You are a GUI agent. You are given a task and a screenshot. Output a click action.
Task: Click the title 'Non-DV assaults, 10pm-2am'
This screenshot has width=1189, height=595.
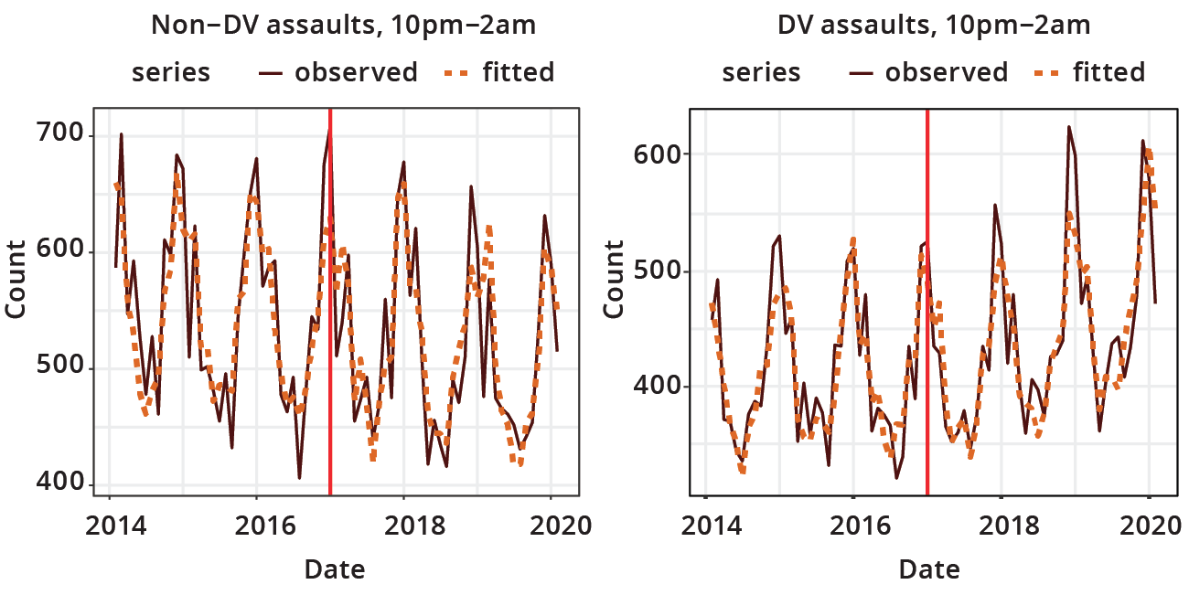pyautogui.click(x=343, y=25)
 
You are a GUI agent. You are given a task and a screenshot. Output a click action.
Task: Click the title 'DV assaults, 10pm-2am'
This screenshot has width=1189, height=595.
pyautogui.click(x=934, y=25)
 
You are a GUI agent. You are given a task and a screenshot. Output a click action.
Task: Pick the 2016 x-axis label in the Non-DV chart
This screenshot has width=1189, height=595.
pyautogui.click(x=257, y=527)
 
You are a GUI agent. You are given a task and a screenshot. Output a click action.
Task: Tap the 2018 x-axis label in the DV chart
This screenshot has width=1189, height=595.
pyautogui.click(x=1002, y=527)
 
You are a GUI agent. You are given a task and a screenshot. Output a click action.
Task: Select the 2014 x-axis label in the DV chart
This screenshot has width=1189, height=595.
pyautogui.click(x=705, y=527)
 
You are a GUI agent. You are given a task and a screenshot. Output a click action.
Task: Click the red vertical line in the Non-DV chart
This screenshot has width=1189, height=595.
pyautogui.click(x=330, y=302)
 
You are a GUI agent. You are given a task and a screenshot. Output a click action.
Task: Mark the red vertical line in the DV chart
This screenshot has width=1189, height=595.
pyautogui.click(x=927, y=302)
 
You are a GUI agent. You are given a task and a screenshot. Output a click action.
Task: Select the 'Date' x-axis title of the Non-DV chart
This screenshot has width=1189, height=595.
pyautogui.click(x=335, y=569)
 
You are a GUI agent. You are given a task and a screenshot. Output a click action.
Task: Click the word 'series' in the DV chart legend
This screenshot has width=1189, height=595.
pyautogui.click(x=762, y=72)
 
